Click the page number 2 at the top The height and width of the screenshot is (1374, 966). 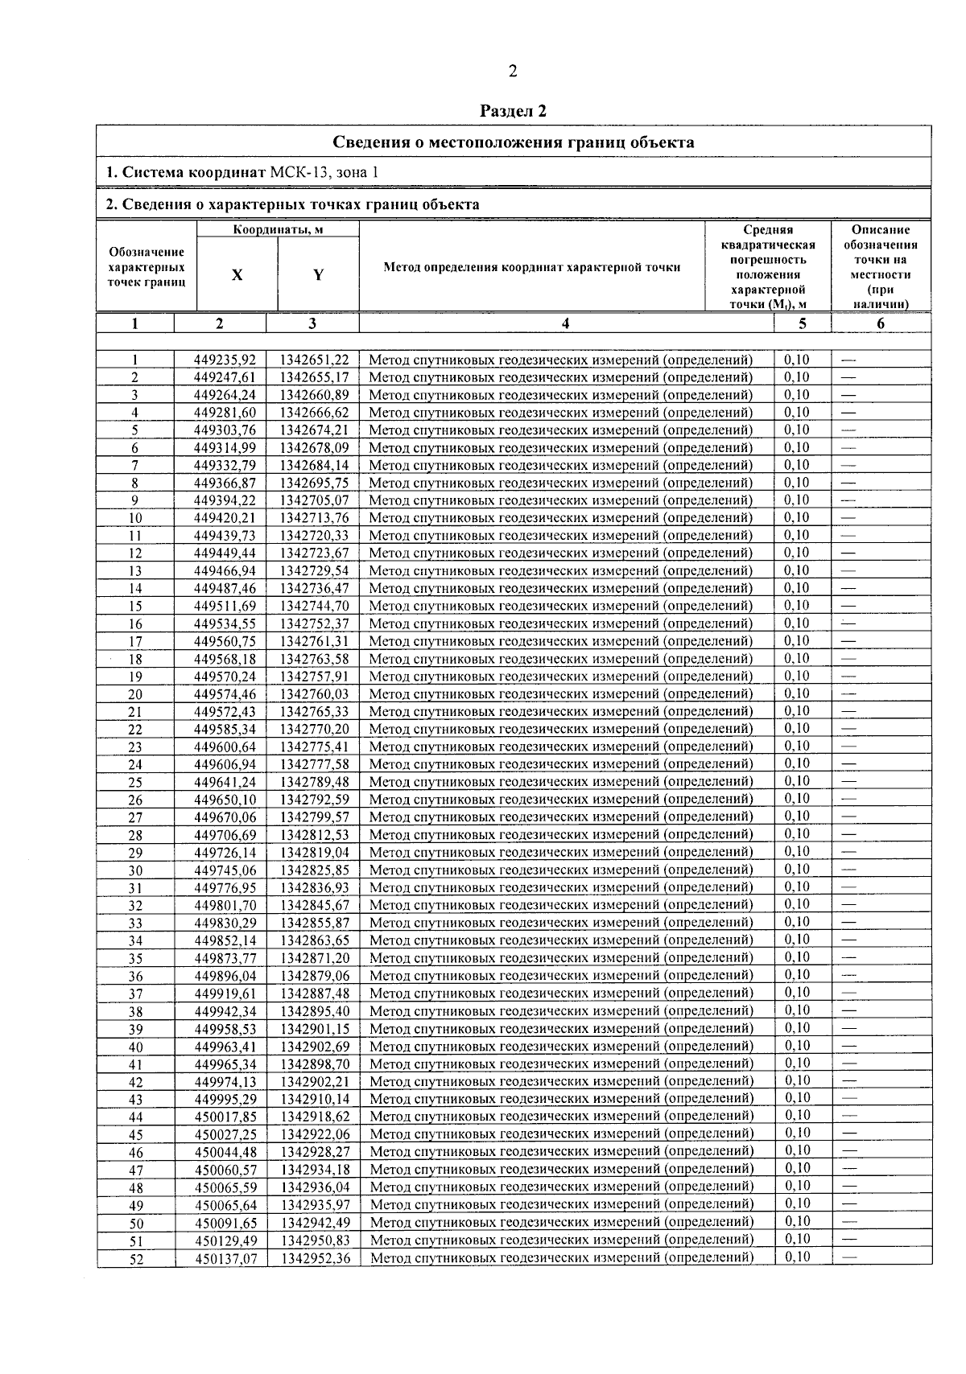point(513,72)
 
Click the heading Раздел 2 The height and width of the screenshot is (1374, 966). point(513,111)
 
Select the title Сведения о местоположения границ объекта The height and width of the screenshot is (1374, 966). point(514,142)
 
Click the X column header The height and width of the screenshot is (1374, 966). point(237,275)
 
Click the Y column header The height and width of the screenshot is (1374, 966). point(318,275)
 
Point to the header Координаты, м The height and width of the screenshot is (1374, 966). point(278,230)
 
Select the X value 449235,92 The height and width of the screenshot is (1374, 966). point(225,360)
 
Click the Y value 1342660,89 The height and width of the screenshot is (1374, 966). point(314,395)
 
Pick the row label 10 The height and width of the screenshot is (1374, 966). point(135,518)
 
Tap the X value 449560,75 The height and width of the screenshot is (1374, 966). point(225,641)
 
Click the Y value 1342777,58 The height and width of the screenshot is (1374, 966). point(314,764)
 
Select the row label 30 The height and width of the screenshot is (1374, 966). point(135,870)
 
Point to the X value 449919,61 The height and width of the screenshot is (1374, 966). point(225,993)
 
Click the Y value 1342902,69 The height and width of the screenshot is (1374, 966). point(315,1047)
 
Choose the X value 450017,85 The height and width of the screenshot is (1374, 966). point(225,1117)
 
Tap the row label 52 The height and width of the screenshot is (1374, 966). point(136,1259)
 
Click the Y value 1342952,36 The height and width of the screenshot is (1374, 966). point(315,1258)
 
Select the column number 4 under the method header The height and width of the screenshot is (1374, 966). point(566,323)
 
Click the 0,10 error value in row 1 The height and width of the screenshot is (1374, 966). point(797,360)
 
